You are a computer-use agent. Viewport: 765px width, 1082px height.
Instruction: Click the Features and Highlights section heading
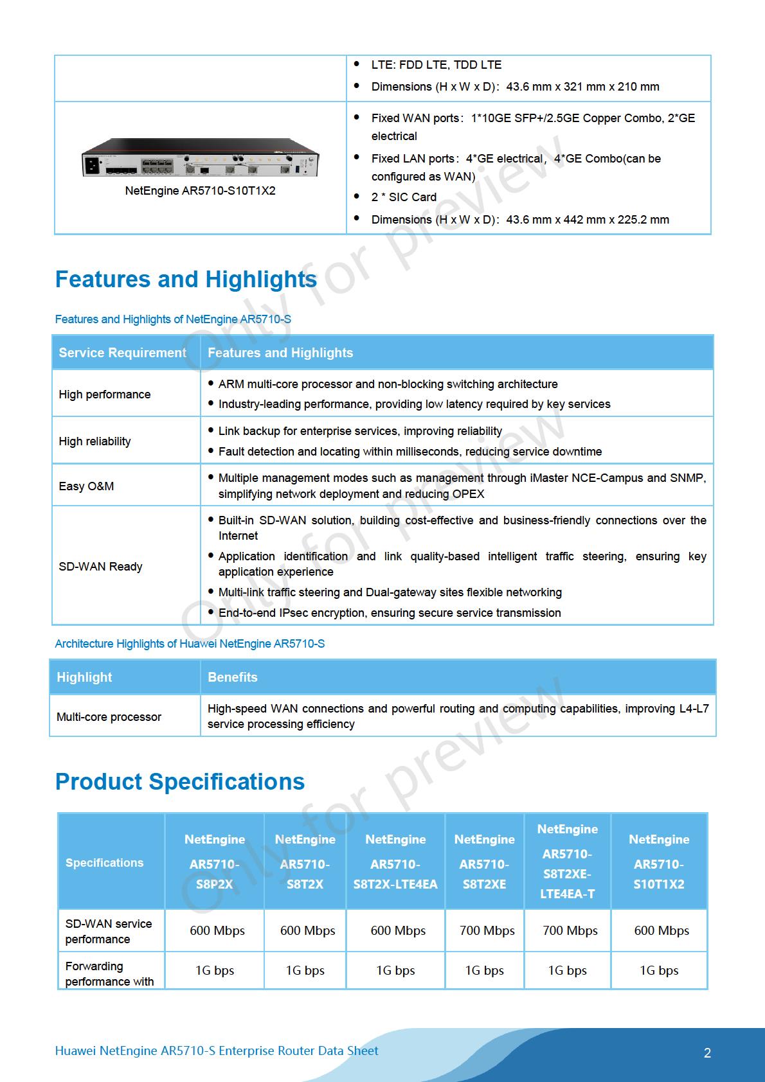186,279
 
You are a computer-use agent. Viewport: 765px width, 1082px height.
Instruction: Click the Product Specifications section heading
180,782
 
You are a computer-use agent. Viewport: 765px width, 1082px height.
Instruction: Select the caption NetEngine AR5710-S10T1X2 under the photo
200,191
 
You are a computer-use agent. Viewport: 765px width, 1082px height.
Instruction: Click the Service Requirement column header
122,353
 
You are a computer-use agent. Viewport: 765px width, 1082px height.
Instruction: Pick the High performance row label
105,395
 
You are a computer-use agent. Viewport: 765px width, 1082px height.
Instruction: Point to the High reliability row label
94,441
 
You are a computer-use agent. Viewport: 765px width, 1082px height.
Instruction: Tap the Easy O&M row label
86,486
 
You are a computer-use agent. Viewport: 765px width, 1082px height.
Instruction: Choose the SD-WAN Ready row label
100,567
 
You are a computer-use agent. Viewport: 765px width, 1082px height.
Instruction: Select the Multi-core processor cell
109,717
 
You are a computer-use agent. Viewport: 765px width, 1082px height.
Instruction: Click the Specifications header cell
104,863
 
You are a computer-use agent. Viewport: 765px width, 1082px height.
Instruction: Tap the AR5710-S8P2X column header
215,862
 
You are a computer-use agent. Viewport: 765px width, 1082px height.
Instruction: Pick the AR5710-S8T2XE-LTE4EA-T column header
568,861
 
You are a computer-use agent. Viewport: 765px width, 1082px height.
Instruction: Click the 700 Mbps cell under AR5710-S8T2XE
487,930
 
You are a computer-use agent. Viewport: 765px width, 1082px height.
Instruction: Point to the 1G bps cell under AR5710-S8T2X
305,971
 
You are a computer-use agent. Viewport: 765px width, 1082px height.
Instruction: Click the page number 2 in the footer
707,1053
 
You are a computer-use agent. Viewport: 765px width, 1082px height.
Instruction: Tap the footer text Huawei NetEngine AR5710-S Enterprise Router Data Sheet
217,1051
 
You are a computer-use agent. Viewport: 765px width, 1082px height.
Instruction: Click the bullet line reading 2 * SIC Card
404,197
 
